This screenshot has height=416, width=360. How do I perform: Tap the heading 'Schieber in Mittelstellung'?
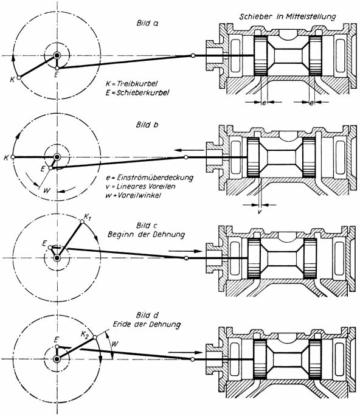(288, 16)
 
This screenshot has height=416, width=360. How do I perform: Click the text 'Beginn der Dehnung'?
(146, 235)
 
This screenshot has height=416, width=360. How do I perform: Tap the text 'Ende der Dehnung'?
(147, 324)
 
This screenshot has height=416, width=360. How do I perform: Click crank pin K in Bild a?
(19, 78)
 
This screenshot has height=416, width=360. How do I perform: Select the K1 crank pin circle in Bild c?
(82, 221)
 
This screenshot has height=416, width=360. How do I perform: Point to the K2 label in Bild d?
(85, 335)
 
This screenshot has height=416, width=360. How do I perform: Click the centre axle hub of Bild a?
(57, 56)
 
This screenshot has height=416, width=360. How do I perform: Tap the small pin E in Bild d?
(57, 347)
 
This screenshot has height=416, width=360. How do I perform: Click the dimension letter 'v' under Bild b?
(260, 212)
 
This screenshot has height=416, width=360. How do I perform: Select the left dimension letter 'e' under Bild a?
(264, 103)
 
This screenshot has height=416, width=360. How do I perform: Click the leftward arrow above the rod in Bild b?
(190, 150)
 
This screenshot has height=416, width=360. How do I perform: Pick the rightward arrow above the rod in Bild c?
(185, 251)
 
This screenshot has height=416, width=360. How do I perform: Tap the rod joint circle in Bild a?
(193, 56)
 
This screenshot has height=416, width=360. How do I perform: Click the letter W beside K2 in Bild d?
(115, 344)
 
